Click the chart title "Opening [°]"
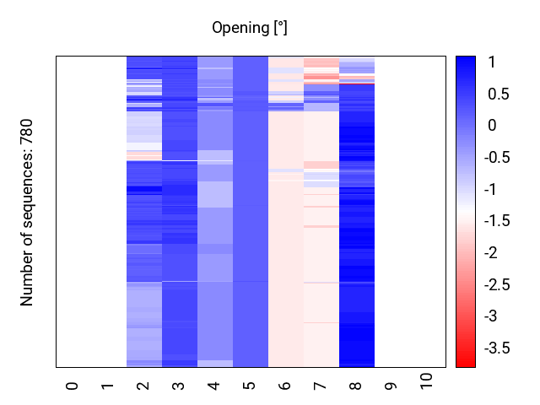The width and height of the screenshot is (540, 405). [250, 29]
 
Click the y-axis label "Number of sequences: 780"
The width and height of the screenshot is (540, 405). [27, 212]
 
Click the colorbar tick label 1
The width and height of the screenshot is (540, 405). [491, 62]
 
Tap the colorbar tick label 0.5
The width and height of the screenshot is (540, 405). [497, 94]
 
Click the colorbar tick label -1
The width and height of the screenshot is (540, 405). [494, 189]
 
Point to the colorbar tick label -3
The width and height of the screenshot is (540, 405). [494, 316]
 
